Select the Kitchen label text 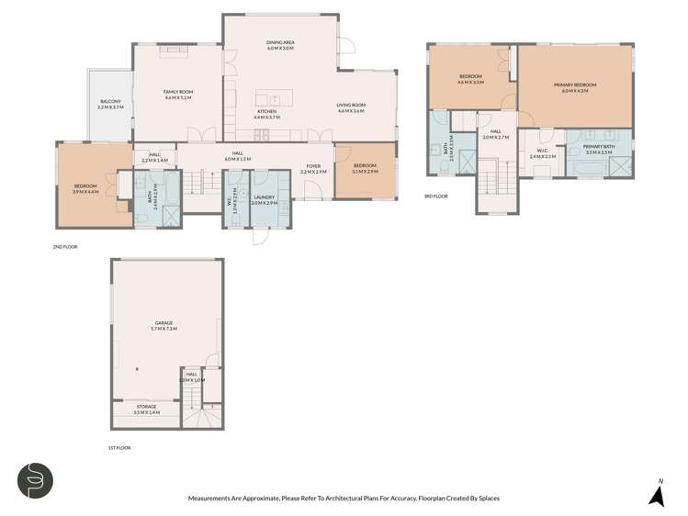266,115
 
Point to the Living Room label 351,108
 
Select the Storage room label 146,408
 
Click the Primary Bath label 598,149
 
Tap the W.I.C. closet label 543,153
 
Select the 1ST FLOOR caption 118,447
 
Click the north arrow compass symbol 657,494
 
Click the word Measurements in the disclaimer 212,499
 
